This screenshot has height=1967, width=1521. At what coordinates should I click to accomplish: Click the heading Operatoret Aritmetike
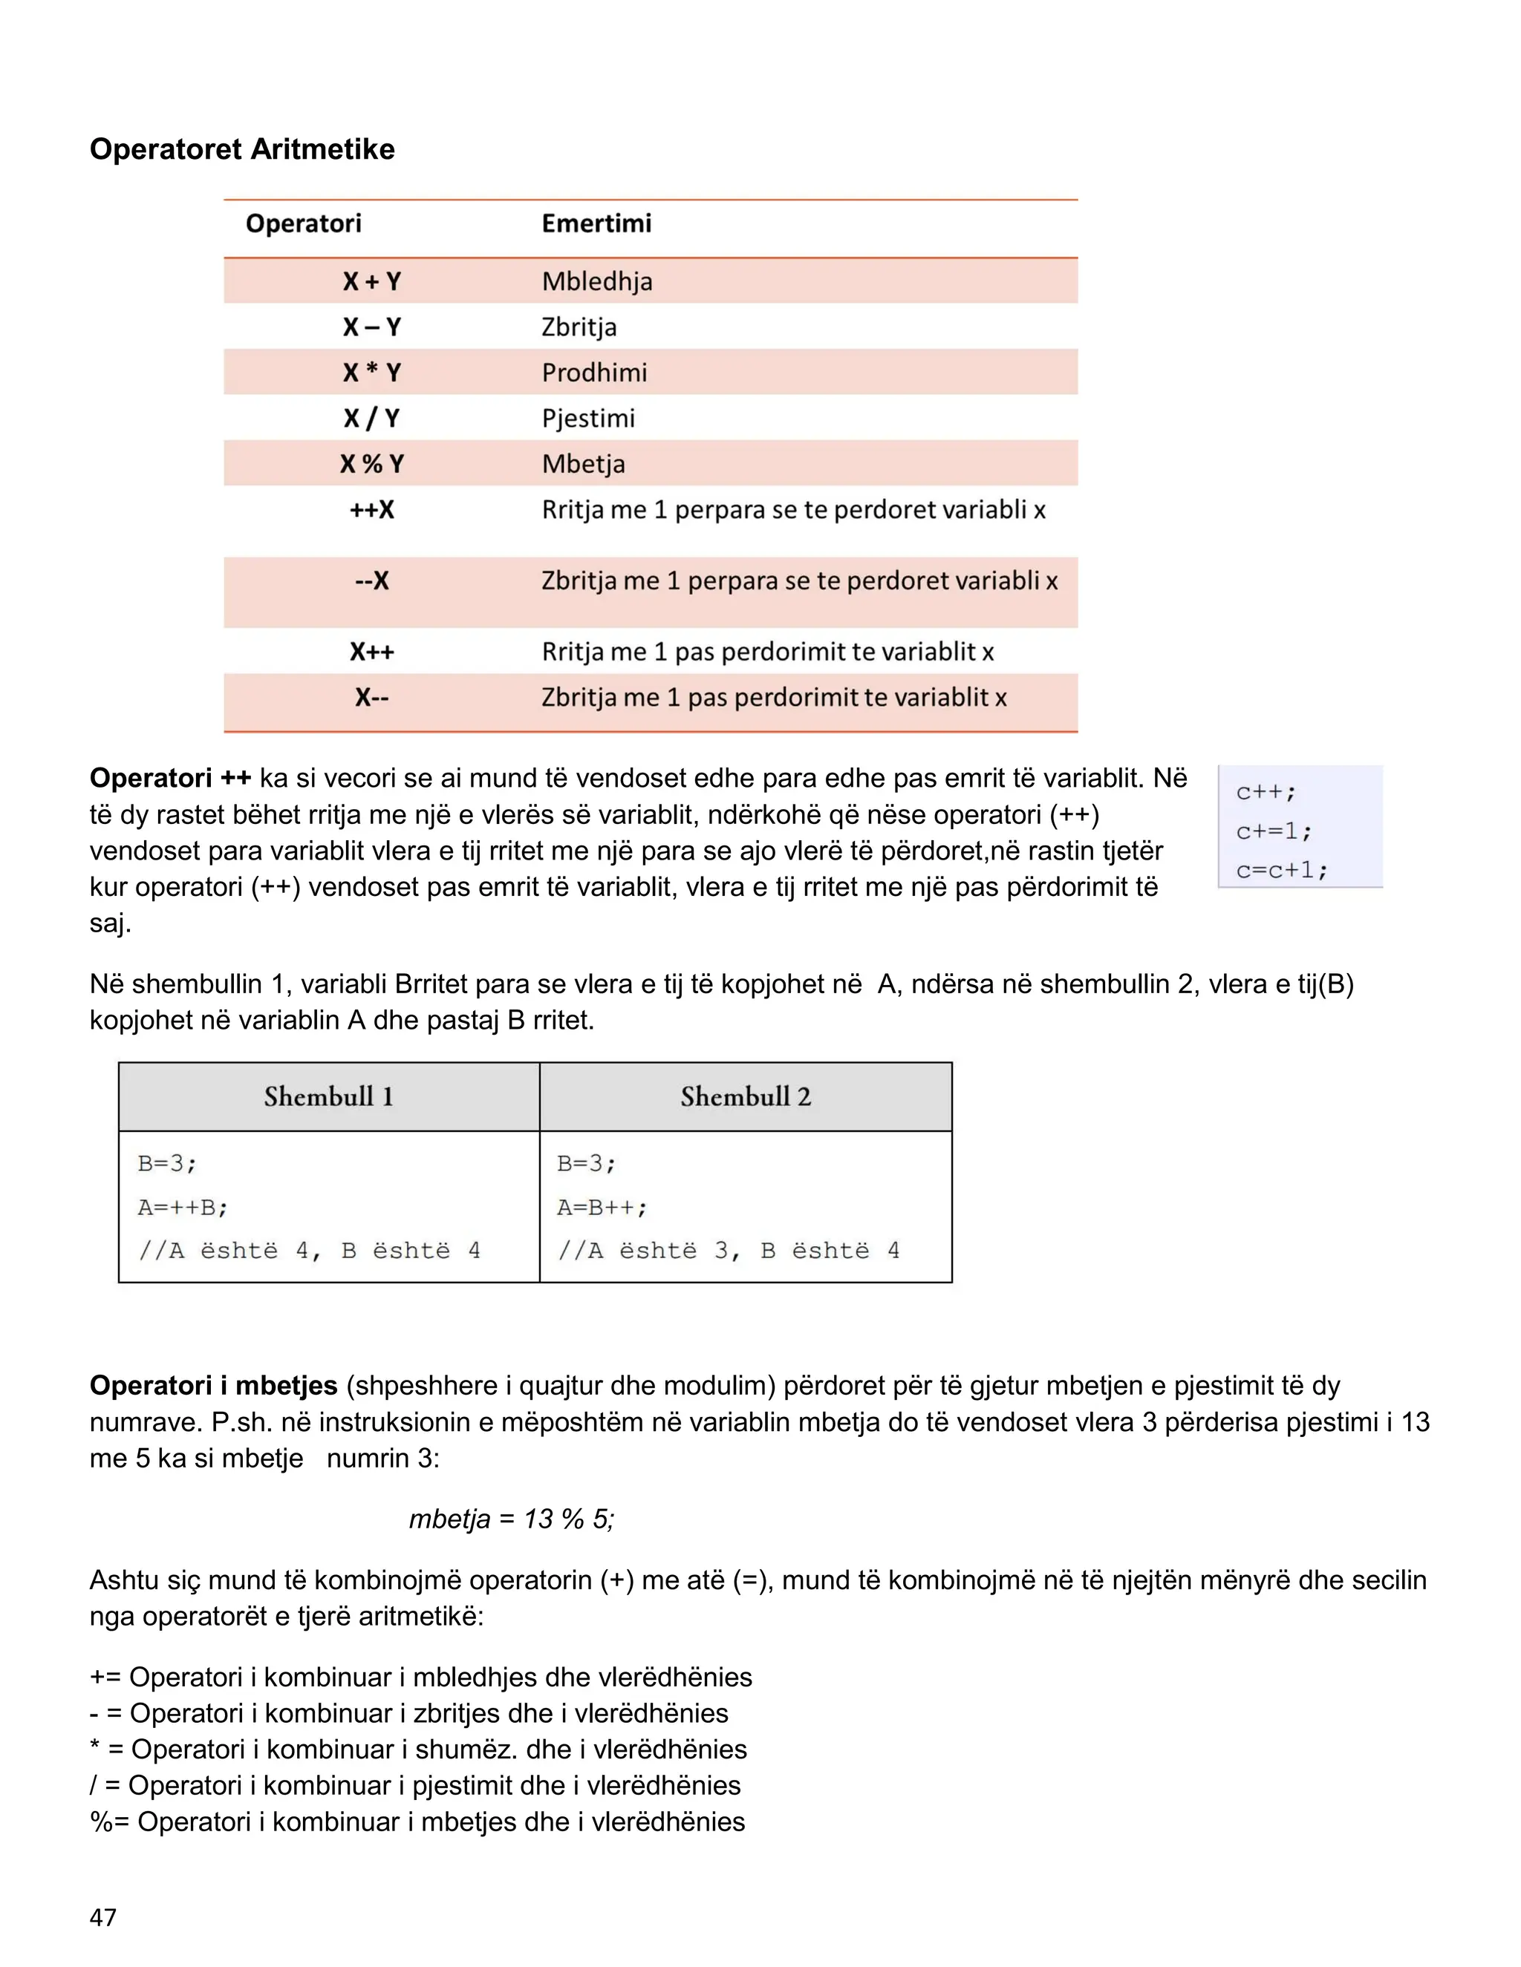[x=241, y=149]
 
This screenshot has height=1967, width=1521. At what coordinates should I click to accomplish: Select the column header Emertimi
[x=596, y=223]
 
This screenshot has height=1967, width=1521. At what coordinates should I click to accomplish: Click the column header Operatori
[x=303, y=223]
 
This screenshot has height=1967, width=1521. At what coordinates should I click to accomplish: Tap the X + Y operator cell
[x=371, y=282]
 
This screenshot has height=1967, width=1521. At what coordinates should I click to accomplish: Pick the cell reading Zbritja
[x=579, y=327]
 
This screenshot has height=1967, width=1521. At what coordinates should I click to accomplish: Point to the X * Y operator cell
[x=371, y=373]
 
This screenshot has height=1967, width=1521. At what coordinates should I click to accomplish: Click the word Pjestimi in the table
[x=587, y=419]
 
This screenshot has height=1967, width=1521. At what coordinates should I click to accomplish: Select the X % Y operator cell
[x=371, y=465]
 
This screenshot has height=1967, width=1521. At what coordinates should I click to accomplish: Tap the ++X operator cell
[x=371, y=511]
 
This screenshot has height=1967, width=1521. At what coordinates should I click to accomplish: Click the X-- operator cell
[x=371, y=698]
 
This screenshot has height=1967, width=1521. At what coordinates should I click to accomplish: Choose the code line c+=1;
[x=1273, y=831]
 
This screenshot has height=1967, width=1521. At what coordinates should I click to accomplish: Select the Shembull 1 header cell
[x=329, y=1097]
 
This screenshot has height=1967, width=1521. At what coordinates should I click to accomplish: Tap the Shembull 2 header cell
[x=745, y=1097]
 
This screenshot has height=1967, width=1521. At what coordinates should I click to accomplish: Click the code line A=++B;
[x=183, y=1208]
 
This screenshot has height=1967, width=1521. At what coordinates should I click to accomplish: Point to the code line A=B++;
[x=602, y=1208]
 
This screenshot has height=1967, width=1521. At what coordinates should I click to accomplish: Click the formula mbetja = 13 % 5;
[x=511, y=1519]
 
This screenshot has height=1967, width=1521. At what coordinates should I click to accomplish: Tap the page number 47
[x=102, y=1917]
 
